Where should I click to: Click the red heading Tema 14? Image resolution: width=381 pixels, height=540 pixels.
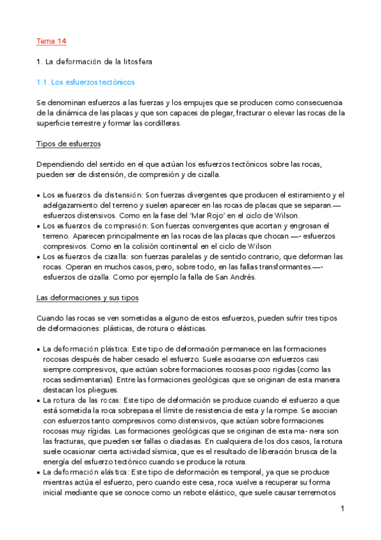click(x=52, y=41)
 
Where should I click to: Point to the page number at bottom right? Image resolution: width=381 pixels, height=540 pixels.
click(x=342, y=509)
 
